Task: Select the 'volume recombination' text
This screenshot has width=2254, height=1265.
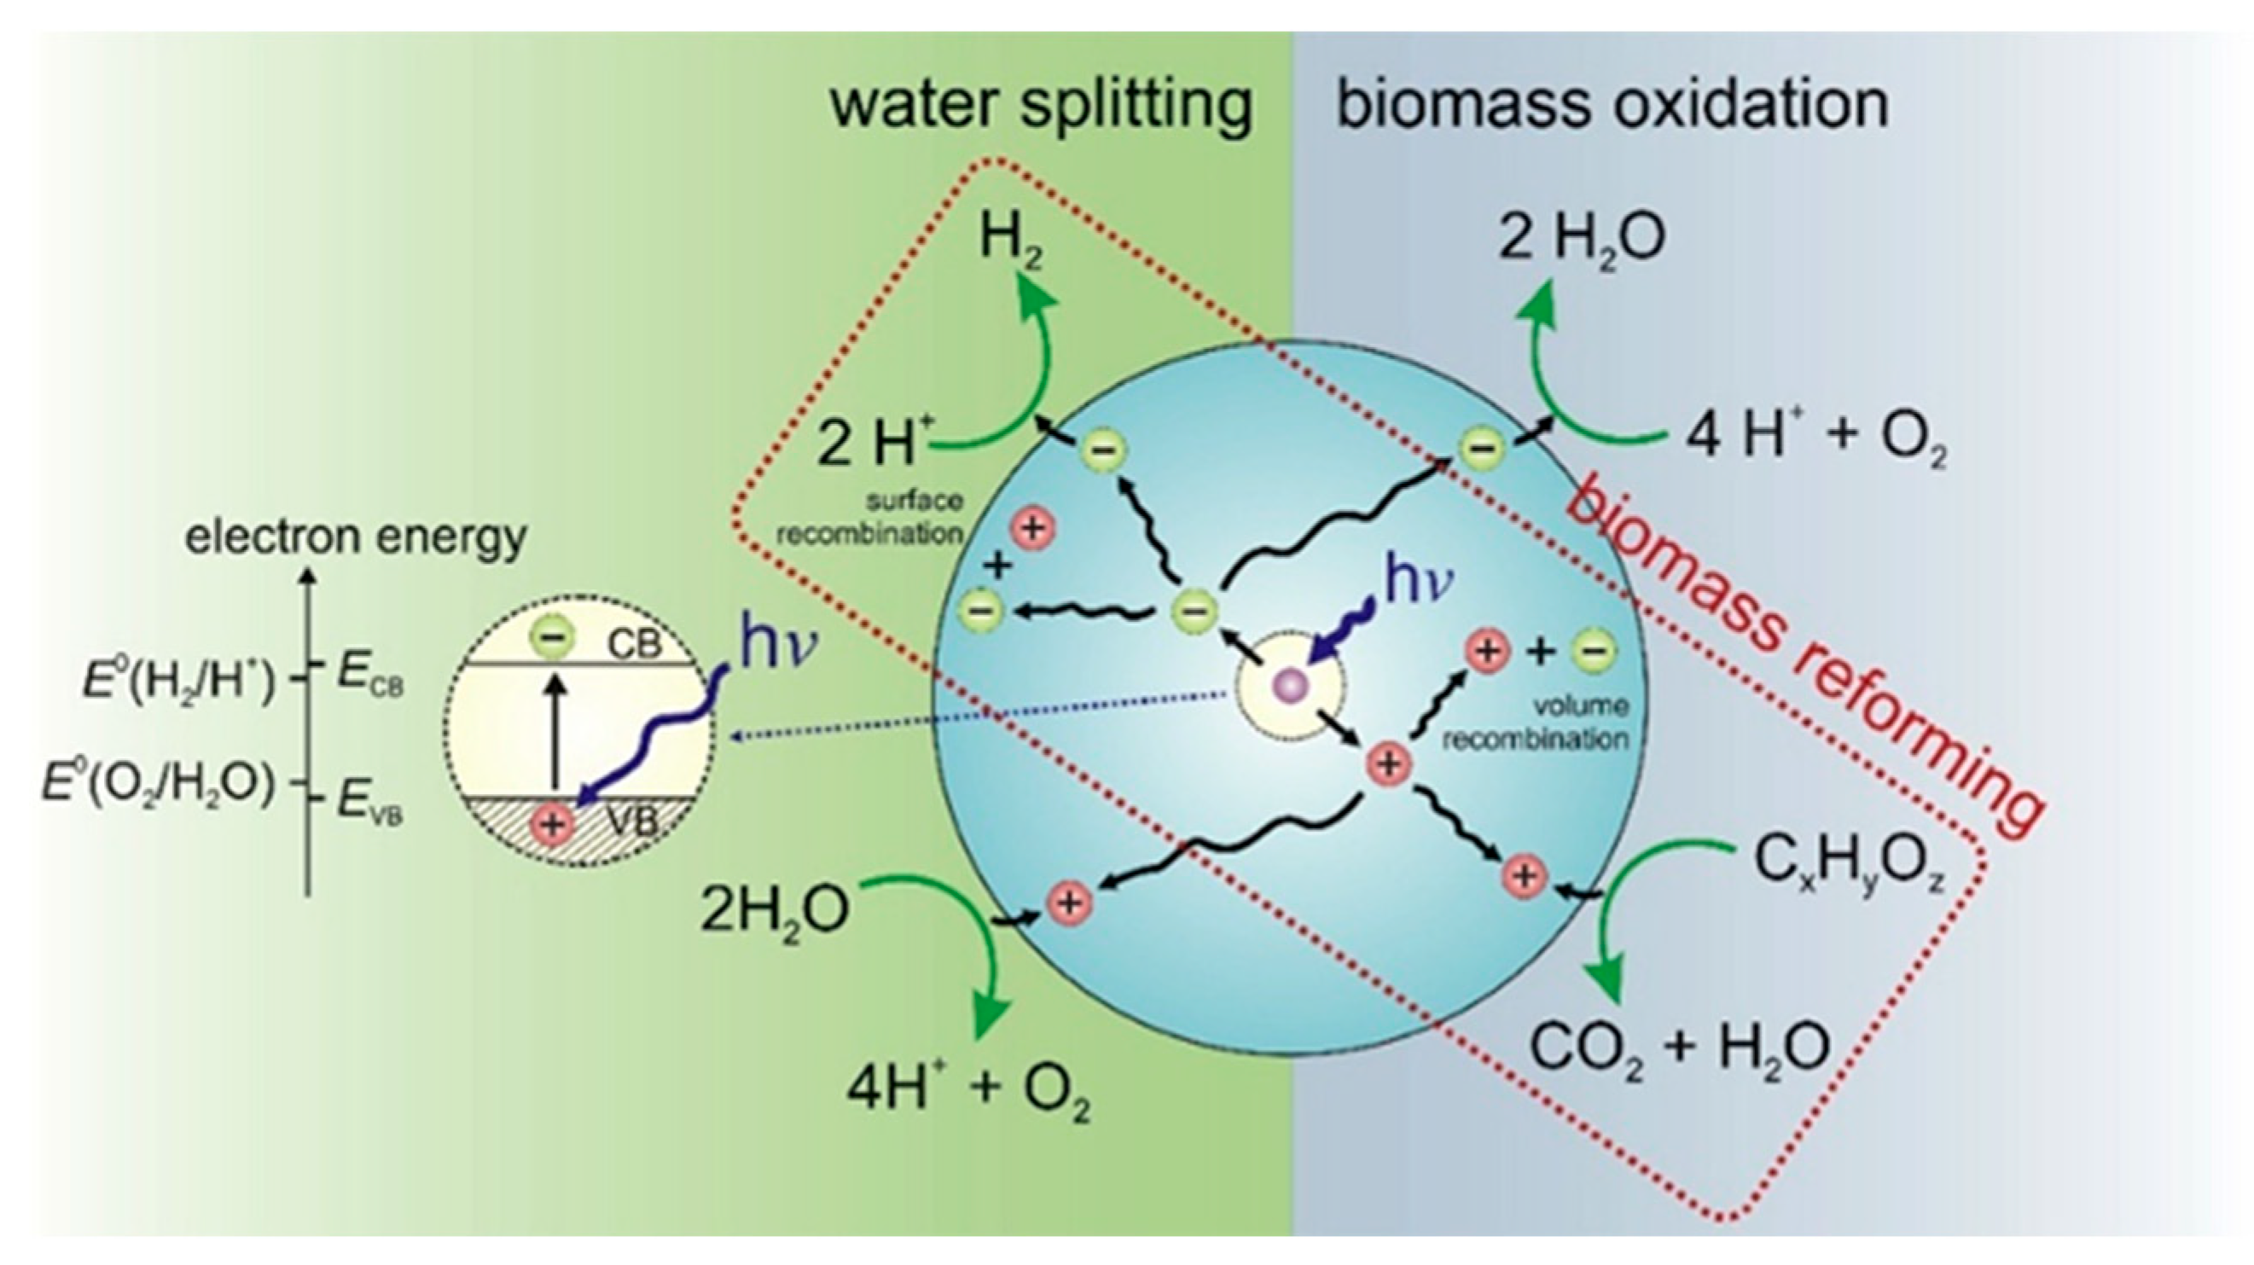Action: pos(1536,722)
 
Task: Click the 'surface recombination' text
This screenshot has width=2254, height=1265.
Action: pos(869,518)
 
